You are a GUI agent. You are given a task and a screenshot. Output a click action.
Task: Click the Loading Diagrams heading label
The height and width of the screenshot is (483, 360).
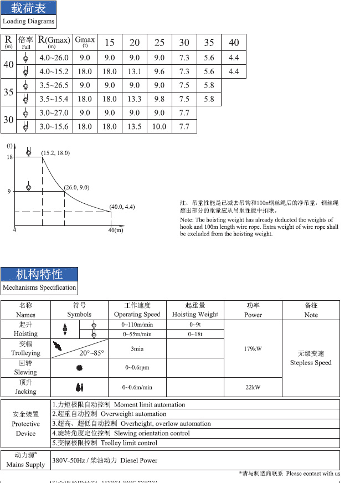[29, 22]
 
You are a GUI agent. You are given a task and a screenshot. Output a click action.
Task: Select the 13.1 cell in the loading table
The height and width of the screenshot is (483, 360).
[135, 71]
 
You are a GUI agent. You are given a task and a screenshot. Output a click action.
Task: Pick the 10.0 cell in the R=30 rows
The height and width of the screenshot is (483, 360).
[159, 127]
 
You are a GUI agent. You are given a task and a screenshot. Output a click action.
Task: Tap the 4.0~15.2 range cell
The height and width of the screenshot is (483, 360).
[54, 71]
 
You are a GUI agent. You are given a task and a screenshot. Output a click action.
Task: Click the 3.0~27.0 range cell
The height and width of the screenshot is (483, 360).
[54, 113]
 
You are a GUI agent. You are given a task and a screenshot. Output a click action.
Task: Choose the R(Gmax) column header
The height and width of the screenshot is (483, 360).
[54, 42]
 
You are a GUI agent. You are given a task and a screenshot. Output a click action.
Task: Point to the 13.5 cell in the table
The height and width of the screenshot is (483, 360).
[135, 127]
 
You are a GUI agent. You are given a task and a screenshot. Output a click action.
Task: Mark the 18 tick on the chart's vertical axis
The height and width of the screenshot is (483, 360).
[9, 157]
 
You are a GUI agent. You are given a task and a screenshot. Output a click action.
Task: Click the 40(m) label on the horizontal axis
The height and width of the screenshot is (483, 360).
[115, 230]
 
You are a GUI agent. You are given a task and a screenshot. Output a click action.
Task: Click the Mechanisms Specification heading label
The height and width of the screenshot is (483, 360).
[39, 287]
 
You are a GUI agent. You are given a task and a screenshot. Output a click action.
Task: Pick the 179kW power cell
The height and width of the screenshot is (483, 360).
[252, 350]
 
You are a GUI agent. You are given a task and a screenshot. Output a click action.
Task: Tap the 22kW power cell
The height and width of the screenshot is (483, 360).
[252, 387]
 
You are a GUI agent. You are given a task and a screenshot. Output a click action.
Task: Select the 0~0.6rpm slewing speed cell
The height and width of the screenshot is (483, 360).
[137, 368]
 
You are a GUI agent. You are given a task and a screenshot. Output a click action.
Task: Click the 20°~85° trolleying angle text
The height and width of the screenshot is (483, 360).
[91, 353]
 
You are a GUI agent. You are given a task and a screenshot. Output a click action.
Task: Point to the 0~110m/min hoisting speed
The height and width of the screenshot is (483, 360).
[137, 325]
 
